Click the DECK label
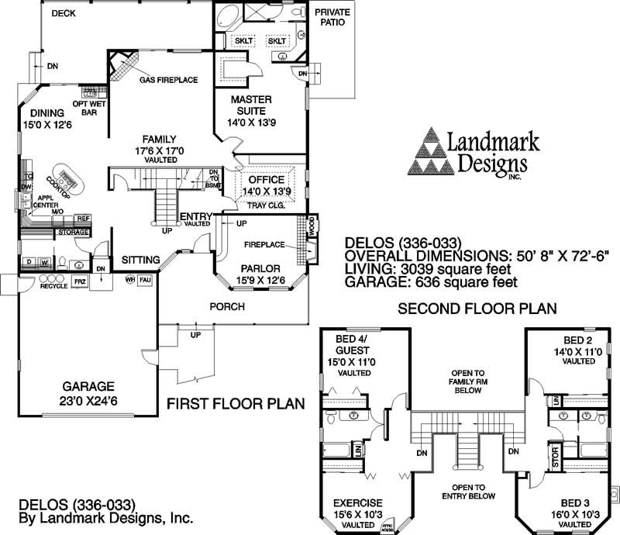click(64, 14)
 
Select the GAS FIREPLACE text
click(168, 80)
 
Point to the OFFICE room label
click(267, 180)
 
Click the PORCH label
click(227, 307)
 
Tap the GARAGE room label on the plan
click(89, 386)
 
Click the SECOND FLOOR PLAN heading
click(477, 308)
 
